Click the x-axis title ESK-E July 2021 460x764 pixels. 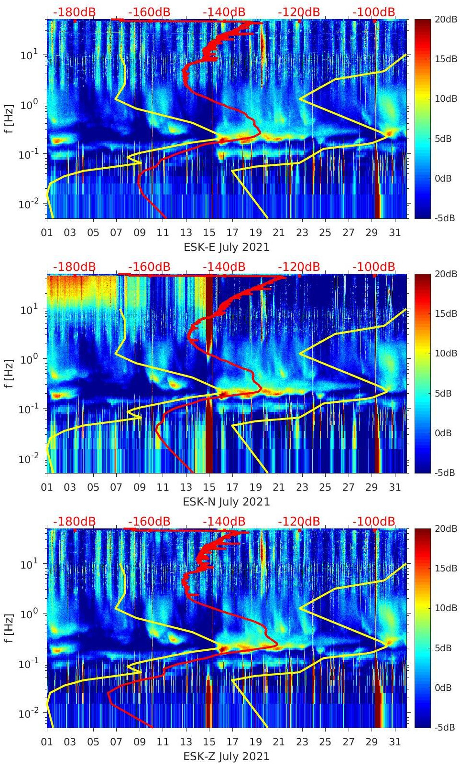(227, 247)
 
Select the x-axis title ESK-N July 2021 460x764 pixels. (227, 502)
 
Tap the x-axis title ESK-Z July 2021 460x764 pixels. (227, 756)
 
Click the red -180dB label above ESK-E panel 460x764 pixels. (75, 12)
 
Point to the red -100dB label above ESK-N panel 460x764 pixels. (374, 267)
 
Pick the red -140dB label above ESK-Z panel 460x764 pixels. (224, 521)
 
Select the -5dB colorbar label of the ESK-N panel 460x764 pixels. (445, 473)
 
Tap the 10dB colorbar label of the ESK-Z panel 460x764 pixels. (445, 608)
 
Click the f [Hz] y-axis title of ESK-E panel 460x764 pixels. (9, 119)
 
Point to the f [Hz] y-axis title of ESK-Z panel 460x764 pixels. (9, 628)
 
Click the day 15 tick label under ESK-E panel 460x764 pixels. (209, 233)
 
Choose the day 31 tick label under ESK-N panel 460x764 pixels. (394, 487)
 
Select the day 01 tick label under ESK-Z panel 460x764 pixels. (47, 742)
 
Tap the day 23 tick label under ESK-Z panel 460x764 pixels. (302, 742)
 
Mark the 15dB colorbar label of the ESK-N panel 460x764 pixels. (445, 313)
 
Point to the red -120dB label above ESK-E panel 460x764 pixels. (299, 12)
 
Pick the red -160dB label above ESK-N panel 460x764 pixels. (149, 267)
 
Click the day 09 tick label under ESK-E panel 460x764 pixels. (140, 233)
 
